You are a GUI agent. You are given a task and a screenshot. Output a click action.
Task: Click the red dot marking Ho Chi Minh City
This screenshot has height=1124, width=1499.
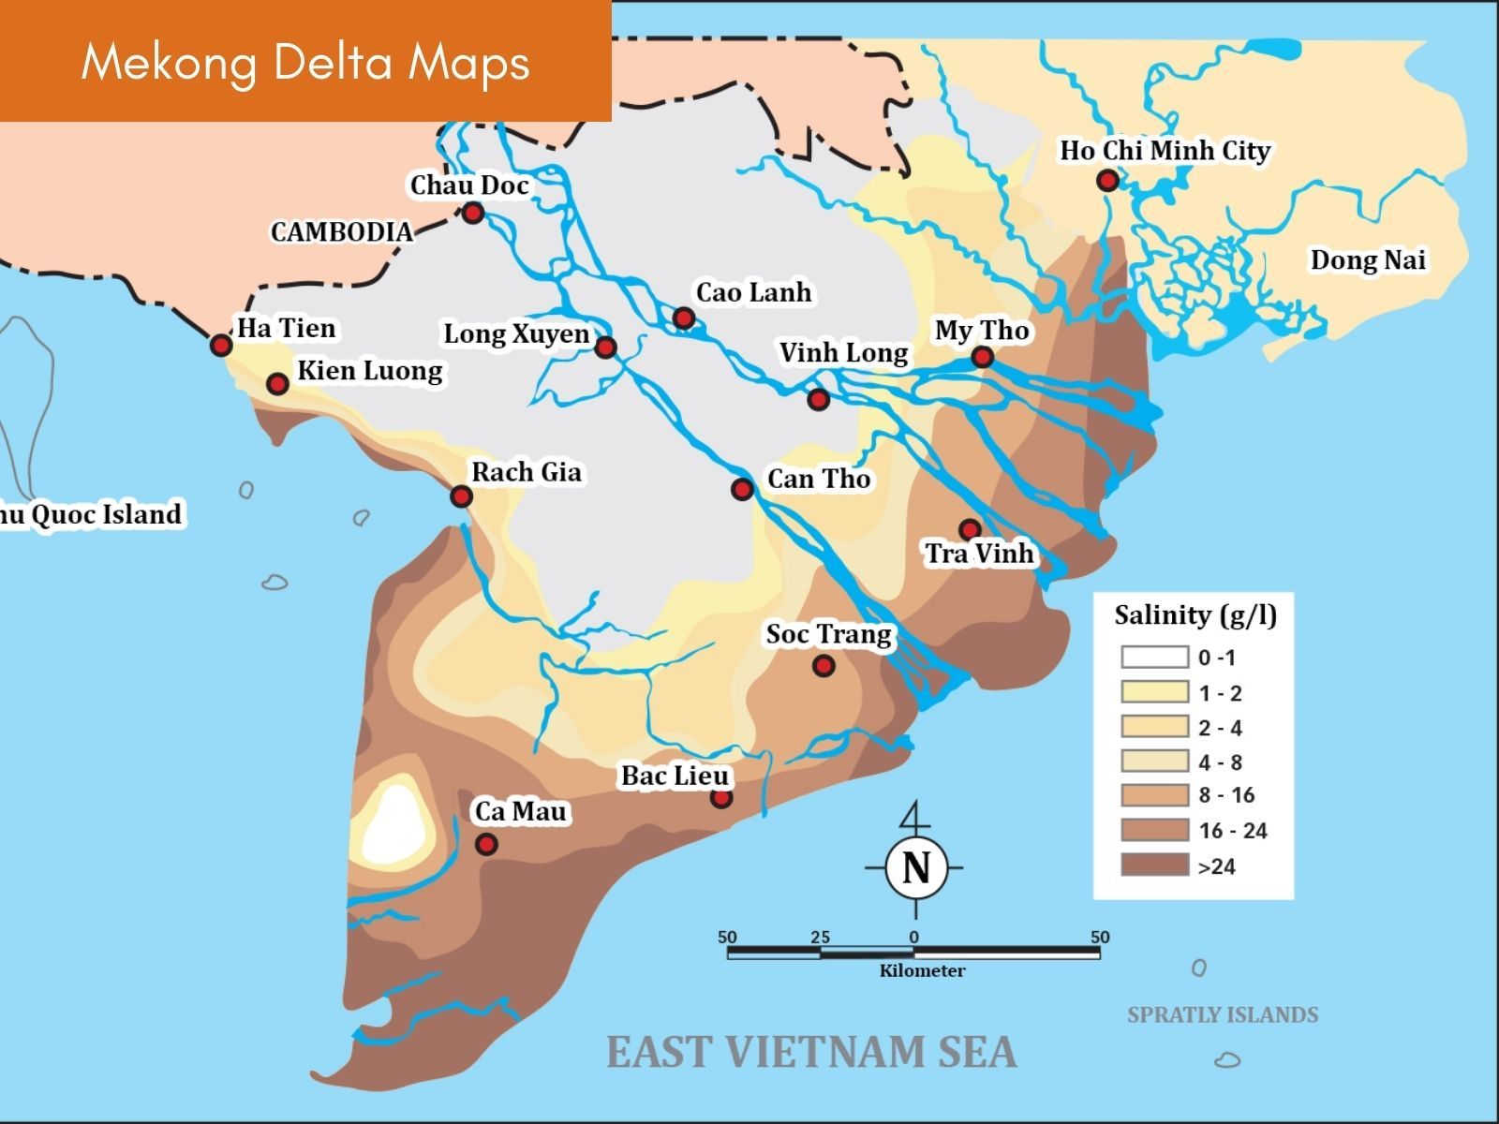(x=1108, y=180)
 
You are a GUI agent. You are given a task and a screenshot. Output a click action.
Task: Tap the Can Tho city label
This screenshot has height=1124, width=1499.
(x=819, y=479)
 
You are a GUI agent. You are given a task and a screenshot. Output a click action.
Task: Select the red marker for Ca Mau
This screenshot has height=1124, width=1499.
(x=485, y=844)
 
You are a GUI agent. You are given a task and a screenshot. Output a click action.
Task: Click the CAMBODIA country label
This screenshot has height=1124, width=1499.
(x=341, y=232)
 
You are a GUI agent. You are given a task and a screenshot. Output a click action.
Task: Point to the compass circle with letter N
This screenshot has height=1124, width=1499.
(x=915, y=867)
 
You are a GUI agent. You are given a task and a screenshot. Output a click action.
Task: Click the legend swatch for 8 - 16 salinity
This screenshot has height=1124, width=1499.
(x=1154, y=795)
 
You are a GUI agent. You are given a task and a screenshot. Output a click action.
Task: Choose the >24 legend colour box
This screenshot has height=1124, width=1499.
(x=1154, y=865)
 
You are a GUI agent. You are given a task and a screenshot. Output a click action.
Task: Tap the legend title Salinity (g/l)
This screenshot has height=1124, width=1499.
(x=1195, y=615)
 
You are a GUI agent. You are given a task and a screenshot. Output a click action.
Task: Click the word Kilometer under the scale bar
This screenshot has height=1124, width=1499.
(x=922, y=971)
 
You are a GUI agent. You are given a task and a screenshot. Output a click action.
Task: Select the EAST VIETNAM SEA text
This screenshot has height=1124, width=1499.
(x=811, y=1052)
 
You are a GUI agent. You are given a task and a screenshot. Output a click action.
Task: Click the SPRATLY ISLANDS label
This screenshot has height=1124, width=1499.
(x=1222, y=1014)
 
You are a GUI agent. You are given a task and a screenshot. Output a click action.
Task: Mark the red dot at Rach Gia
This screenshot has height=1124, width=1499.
(x=460, y=495)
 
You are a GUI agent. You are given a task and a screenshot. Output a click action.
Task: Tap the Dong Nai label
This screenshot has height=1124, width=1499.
(x=1368, y=260)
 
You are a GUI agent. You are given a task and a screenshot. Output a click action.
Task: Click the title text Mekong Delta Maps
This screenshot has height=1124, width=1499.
(x=305, y=63)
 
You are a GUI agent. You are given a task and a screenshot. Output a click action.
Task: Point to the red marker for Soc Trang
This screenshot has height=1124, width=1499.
(x=824, y=665)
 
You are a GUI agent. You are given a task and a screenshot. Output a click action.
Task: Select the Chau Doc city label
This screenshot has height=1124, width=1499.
(x=469, y=185)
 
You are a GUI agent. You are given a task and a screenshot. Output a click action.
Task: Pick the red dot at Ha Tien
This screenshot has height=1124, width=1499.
(x=220, y=345)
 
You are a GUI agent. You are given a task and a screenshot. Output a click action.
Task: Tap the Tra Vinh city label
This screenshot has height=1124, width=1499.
(x=979, y=554)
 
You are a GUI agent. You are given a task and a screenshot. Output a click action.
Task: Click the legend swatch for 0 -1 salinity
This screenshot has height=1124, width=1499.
(x=1154, y=657)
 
